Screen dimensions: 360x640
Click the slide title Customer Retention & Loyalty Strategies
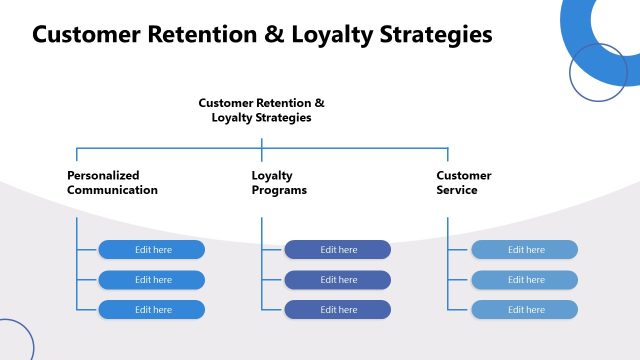click(262, 35)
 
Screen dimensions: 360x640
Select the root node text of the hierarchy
click(261, 110)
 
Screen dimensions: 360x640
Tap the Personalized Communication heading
click(112, 182)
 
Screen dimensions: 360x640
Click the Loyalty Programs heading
click(279, 182)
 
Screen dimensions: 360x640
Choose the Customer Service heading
click(463, 182)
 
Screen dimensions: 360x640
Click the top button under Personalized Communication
click(152, 250)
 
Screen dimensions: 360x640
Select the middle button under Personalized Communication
click(152, 280)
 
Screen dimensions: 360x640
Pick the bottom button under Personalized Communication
click(152, 310)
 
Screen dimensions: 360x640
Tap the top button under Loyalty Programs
click(338, 250)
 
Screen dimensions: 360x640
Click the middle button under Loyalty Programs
click(338, 280)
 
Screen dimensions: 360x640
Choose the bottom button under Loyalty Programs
click(338, 310)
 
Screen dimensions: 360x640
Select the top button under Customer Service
click(525, 250)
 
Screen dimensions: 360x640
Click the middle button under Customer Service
click(525, 280)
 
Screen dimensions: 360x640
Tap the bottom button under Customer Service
click(525, 310)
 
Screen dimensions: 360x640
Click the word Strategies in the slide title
click(436, 35)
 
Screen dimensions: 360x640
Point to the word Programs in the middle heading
click(279, 190)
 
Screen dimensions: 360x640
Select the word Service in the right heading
click(457, 190)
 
